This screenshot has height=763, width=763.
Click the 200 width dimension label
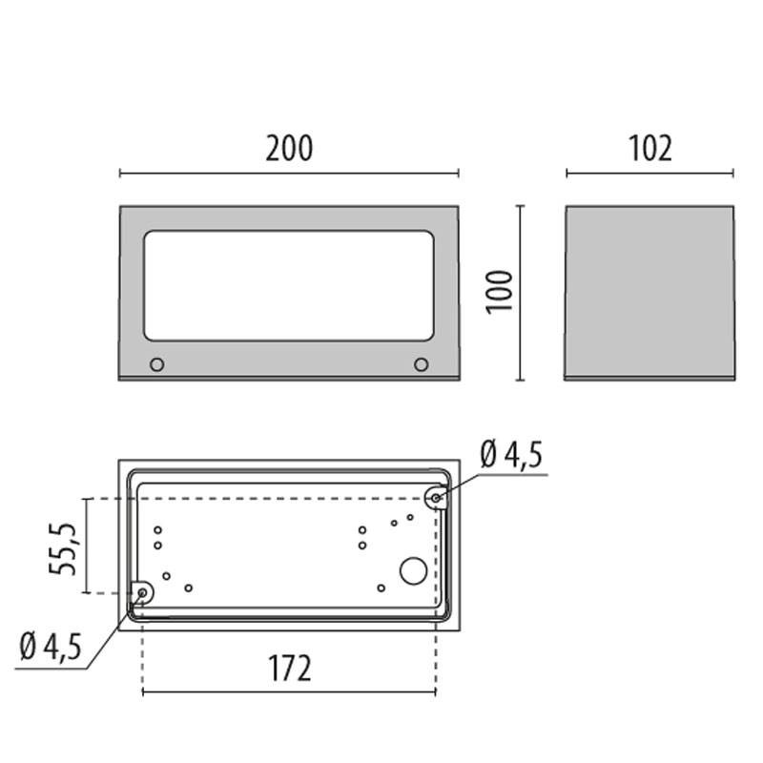tap(289, 149)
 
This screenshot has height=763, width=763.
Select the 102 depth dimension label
tap(650, 149)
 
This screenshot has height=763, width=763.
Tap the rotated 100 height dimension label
tap(500, 293)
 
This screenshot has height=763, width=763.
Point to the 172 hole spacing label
tap(290, 669)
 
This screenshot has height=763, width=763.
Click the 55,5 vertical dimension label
tap(63, 549)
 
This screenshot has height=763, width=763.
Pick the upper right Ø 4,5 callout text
tap(511, 455)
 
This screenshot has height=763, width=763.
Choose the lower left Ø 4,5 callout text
tap(51, 647)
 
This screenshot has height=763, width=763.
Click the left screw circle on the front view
tap(156, 364)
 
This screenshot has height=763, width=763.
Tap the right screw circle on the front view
tap(421, 364)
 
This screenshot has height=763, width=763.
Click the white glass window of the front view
tap(289, 285)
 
